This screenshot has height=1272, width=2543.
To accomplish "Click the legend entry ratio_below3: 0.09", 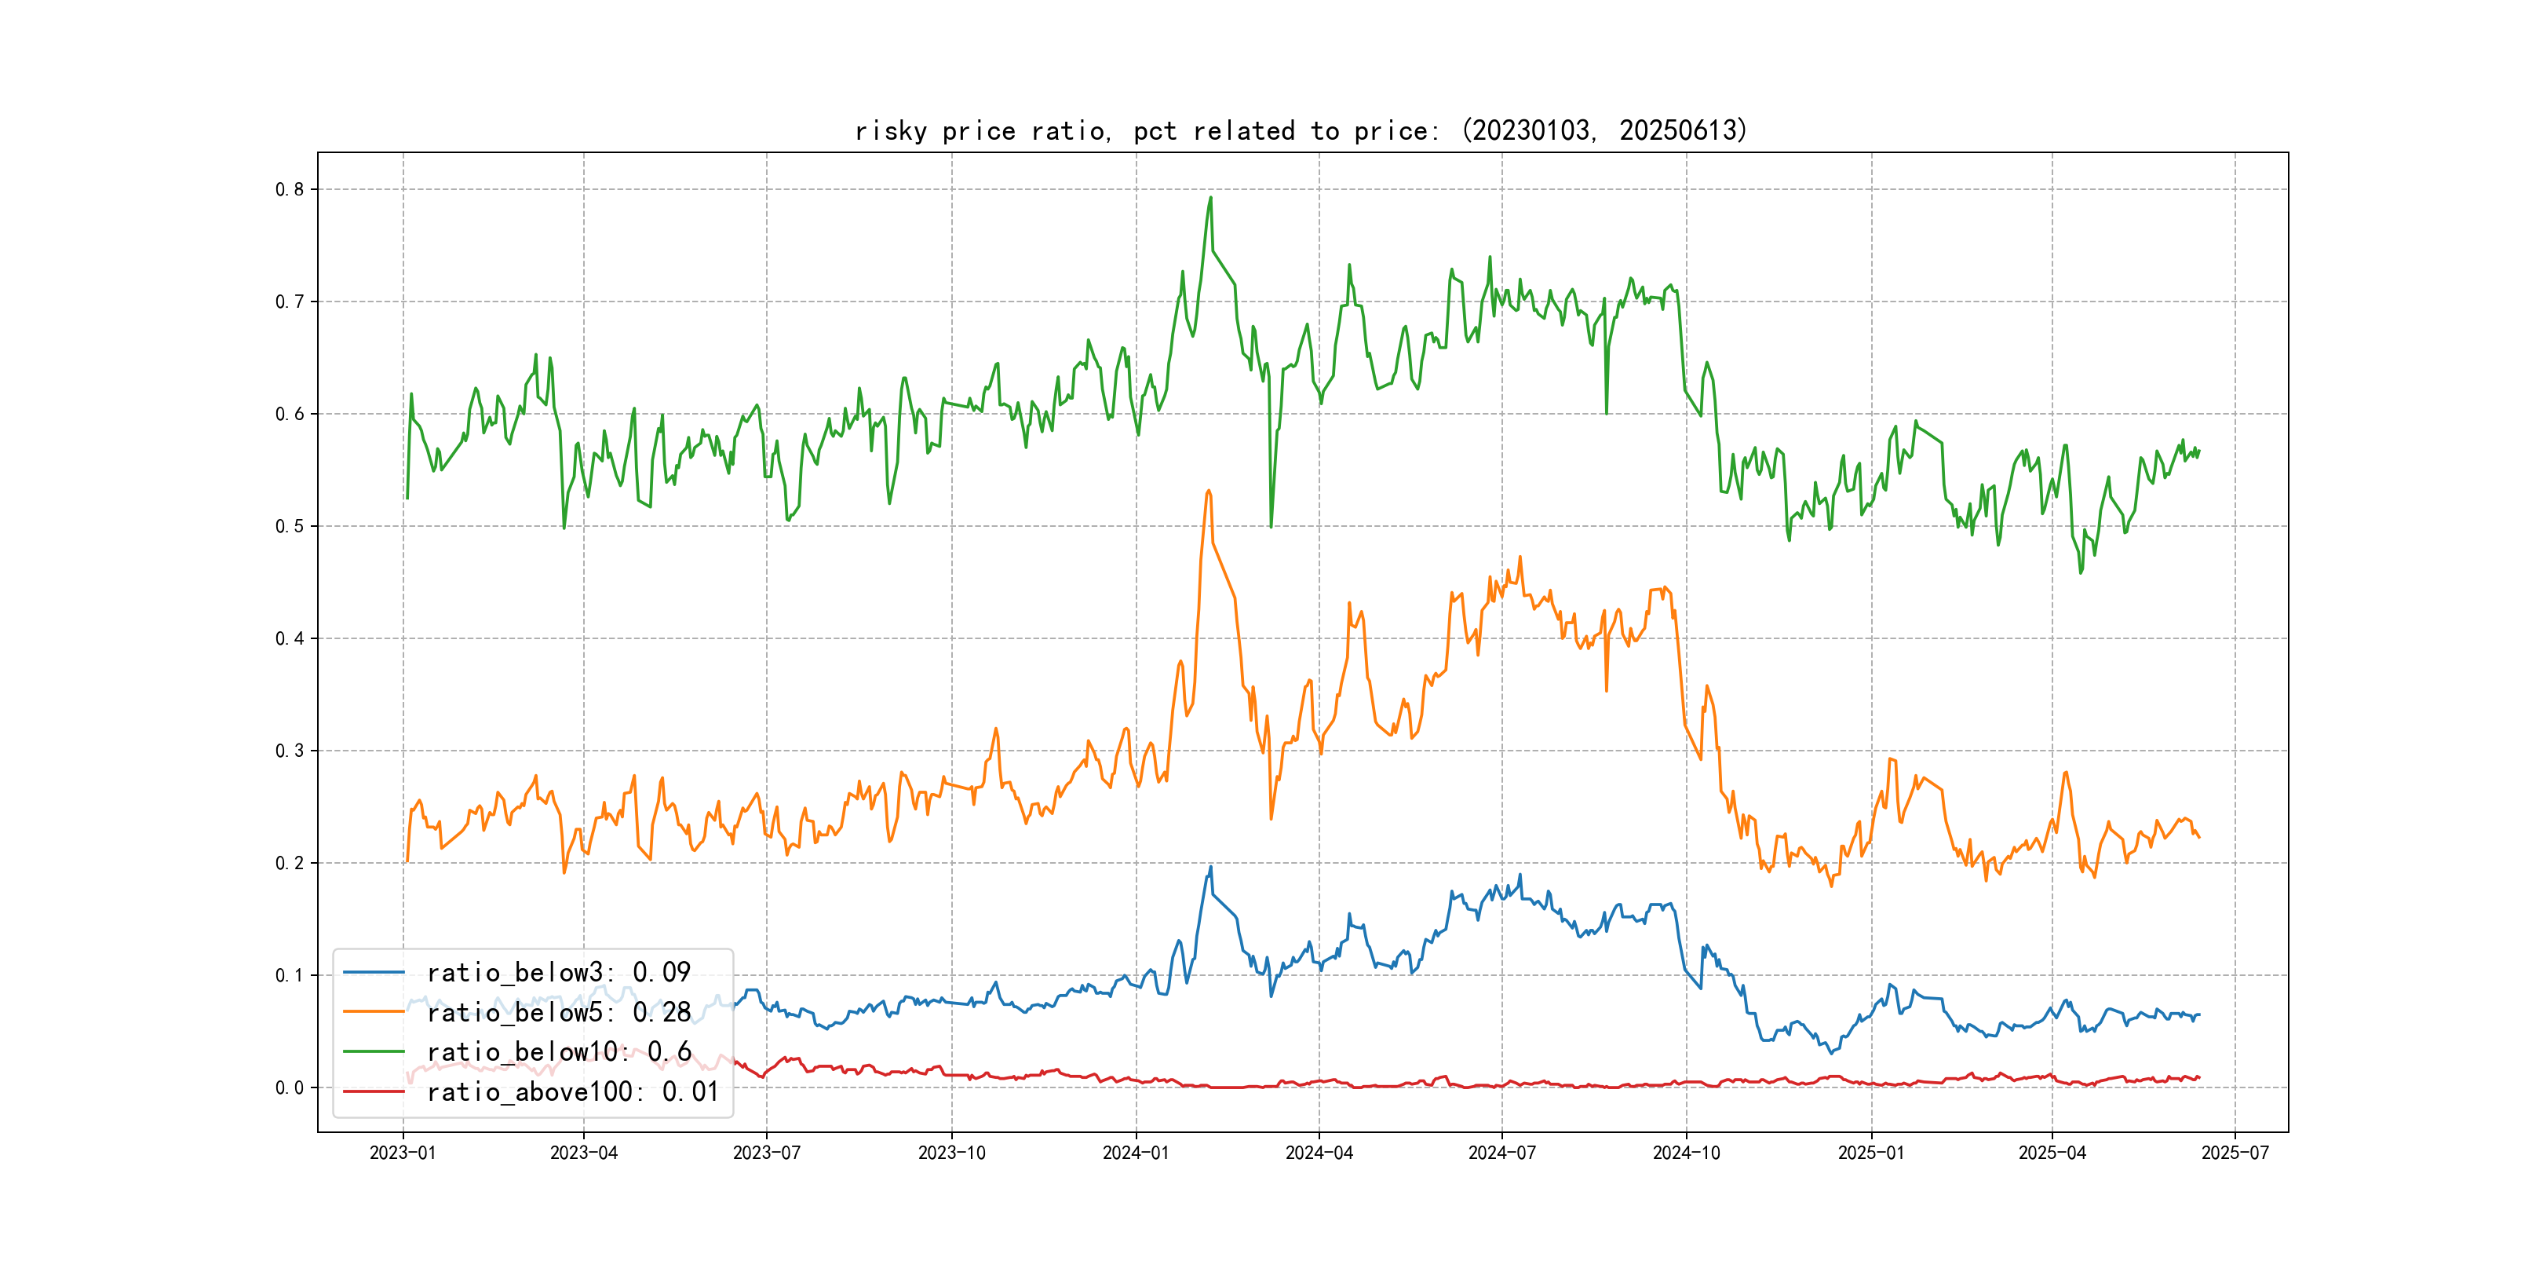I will point(558,973).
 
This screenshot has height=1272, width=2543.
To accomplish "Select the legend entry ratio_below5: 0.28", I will point(558,1012).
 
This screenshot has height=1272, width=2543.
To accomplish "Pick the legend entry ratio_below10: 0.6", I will point(558,1052).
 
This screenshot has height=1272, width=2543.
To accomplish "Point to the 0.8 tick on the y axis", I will point(290,189).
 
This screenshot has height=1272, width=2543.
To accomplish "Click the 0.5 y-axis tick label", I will point(290,526).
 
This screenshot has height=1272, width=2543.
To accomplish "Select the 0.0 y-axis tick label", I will point(290,1088).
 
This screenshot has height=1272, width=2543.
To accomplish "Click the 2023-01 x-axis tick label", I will point(403,1153).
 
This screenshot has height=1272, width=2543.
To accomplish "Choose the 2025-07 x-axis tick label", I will point(2235,1153).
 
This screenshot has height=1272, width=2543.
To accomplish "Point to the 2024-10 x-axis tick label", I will point(1686,1153).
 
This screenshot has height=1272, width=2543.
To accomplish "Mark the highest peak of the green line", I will point(1210,198).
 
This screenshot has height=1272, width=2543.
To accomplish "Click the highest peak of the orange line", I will point(1209,490).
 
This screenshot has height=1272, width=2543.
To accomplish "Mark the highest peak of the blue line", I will point(1210,867).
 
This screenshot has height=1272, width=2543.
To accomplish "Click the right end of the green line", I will point(2199,451).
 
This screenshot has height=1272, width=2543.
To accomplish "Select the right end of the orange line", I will point(2199,838).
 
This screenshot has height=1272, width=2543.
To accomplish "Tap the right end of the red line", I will point(2199,1077).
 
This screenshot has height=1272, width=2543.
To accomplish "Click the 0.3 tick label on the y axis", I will point(290,751).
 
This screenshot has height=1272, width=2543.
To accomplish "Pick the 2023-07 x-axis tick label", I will point(766,1153).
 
